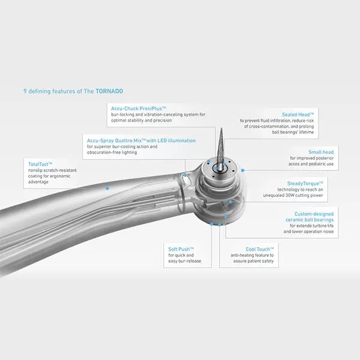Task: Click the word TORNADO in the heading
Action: point(109,91)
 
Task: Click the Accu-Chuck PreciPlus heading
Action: point(139,109)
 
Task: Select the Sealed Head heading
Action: point(298,115)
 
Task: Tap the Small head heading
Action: point(321,152)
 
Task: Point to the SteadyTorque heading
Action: point(305,184)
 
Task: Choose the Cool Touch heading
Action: point(260,249)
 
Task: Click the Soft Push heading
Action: point(181,249)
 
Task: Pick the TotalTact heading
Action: point(40,164)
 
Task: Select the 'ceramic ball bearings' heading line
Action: point(310,220)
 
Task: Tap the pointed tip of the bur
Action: point(221,129)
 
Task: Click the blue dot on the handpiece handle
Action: point(107,188)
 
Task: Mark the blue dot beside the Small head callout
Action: point(242,170)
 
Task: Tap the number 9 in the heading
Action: point(25,91)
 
